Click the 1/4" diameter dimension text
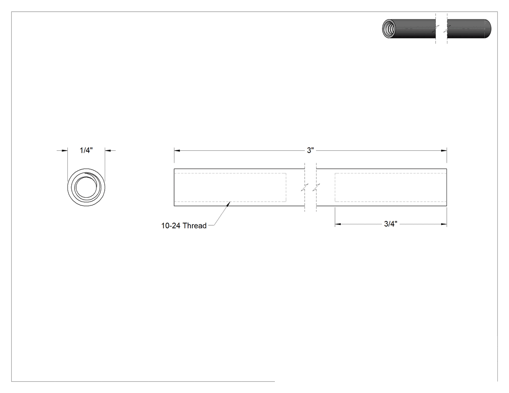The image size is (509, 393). click(86, 150)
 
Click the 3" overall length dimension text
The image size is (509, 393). click(310, 150)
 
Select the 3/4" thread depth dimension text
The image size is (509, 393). click(391, 224)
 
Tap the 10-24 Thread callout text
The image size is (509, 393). click(184, 225)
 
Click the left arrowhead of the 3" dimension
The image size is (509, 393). click(176, 151)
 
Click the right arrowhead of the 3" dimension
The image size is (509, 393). click(444, 151)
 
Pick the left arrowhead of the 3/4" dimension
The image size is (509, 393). click(337, 224)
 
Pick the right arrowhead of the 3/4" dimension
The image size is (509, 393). click(444, 224)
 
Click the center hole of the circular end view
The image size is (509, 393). click(86, 188)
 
